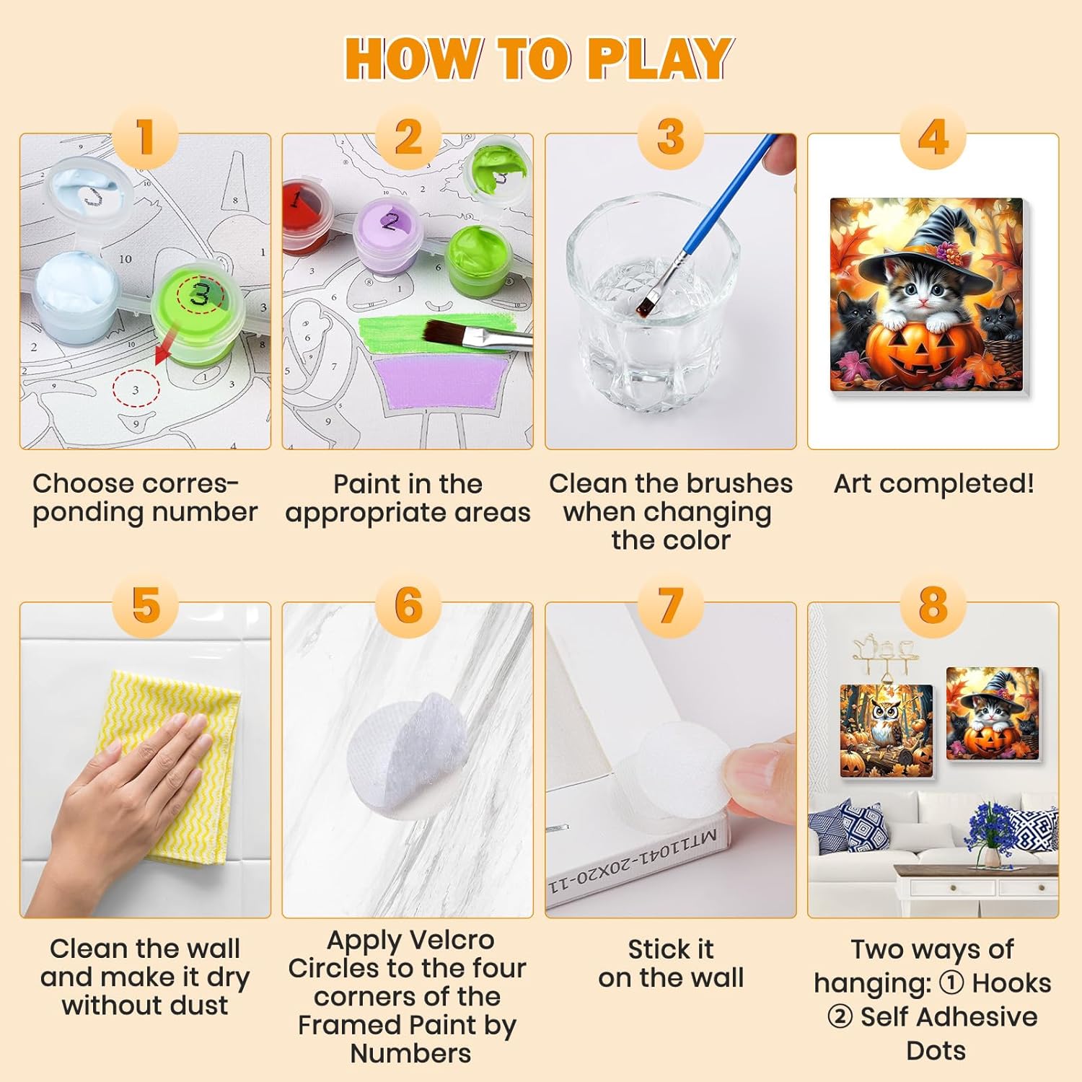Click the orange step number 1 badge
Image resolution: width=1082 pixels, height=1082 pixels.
click(145, 136)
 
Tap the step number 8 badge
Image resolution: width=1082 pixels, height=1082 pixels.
click(933, 605)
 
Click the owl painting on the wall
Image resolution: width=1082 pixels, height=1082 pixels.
click(886, 730)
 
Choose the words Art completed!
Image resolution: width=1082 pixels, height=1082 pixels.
click(933, 483)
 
